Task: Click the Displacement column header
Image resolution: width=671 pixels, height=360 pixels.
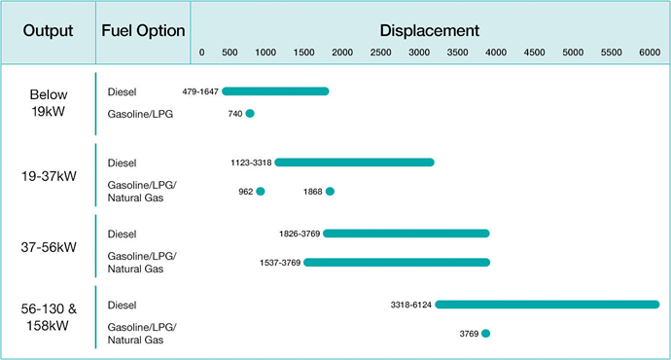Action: point(430,30)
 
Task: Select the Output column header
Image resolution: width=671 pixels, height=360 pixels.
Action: point(49,30)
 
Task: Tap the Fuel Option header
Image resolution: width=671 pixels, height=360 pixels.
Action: point(143,30)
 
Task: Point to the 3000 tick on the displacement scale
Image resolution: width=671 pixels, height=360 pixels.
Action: point(419,52)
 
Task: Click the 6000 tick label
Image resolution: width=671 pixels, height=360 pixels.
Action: point(650,52)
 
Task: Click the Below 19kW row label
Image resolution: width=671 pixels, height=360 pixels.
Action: point(49,102)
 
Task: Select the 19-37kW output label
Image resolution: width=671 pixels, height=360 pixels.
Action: point(49,176)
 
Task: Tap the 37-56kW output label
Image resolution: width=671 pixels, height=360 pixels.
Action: point(49,247)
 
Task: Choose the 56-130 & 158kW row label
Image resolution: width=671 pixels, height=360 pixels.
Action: point(49,317)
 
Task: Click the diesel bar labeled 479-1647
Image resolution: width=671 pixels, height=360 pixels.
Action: point(275,91)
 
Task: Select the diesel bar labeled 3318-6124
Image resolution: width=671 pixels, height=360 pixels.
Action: point(547,305)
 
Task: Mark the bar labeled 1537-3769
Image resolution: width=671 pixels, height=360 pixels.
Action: point(397,262)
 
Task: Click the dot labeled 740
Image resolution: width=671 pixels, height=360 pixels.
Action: point(250,114)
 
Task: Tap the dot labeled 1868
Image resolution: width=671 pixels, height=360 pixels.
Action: point(330,192)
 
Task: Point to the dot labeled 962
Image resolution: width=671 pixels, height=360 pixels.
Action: point(260,192)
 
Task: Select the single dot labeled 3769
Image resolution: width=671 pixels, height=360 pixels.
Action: point(485,334)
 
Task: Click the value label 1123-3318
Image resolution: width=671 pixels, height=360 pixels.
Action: point(251,162)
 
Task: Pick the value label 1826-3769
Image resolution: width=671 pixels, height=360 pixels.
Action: point(299,234)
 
